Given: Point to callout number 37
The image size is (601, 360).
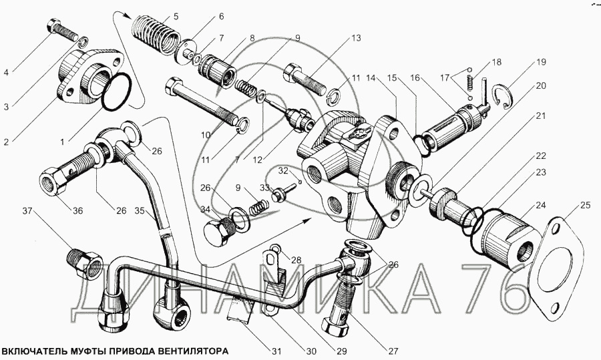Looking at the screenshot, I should [x=27, y=212].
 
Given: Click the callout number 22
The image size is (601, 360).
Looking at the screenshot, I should [x=540, y=156].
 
